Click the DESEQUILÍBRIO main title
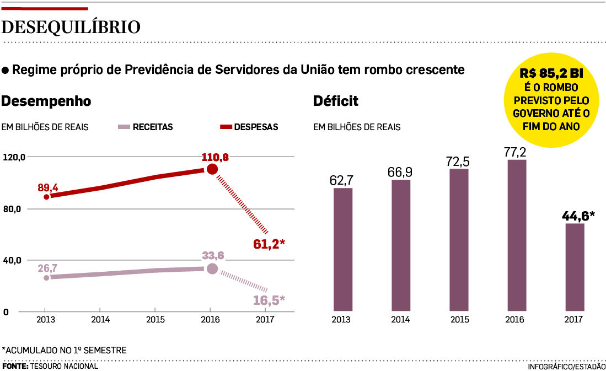point(71,27)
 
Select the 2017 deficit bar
point(575,267)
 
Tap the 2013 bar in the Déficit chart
point(342,250)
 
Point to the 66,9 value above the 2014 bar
point(400,172)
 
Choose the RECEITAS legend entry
point(146,127)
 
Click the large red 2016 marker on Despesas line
point(212,169)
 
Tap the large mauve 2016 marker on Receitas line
point(212,269)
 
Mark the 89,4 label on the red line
point(47,187)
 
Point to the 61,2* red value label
point(269,244)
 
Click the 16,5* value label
point(269,300)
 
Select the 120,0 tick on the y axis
point(14,157)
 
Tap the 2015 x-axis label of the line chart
point(155,320)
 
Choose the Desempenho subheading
point(47,101)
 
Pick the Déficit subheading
point(335,101)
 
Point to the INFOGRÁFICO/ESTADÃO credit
point(566,367)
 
